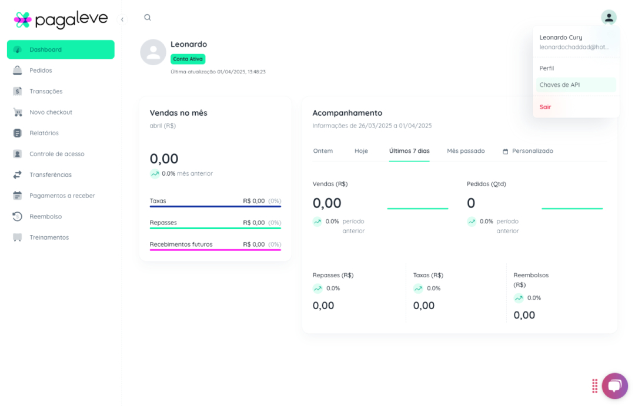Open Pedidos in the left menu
pyautogui.click(x=41, y=71)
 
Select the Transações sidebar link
pyautogui.click(x=46, y=91)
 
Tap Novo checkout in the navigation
pyautogui.click(x=51, y=112)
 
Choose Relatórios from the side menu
pyautogui.click(x=44, y=133)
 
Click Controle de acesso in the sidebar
pyautogui.click(x=56, y=154)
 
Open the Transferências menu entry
pyautogui.click(x=51, y=175)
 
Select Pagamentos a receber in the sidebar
pyautogui.click(x=62, y=196)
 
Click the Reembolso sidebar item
pyautogui.click(x=45, y=216)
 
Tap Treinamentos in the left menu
pyautogui.click(x=49, y=237)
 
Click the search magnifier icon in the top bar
pyautogui.click(x=148, y=18)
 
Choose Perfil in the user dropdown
pyautogui.click(x=547, y=68)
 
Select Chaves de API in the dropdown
pyautogui.click(x=560, y=85)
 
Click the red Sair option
pyautogui.click(x=546, y=107)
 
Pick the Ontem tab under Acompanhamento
pyautogui.click(x=323, y=151)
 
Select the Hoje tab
pyautogui.click(x=361, y=151)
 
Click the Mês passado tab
pyautogui.click(x=466, y=151)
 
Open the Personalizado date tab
pyautogui.click(x=528, y=151)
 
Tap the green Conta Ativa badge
pyautogui.click(x=188, y=59)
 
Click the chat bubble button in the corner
pyautogui.click(x=614, y=385)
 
